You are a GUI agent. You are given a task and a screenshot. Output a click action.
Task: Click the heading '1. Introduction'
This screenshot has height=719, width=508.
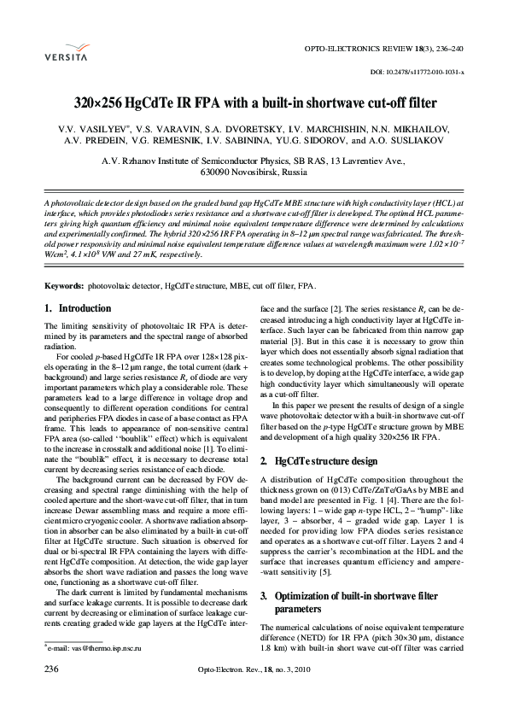click(77, 308)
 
